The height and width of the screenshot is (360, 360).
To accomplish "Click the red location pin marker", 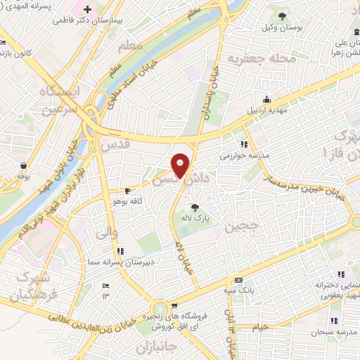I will pyautogui.click(x=181, y=165).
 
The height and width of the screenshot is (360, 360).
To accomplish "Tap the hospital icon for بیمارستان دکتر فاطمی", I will pyautogui.click(x=87, y=11).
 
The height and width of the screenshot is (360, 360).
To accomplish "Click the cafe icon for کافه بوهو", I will pyautogui.click(x=127, y=191).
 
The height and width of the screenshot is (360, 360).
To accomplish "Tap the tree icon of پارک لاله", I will pyautogui.click(x=194, y=207).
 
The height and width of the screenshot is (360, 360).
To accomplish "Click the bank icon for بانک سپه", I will pyautogui.click(x=238, y=280).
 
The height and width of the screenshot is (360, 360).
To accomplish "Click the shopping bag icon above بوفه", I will pyautogui.click(x=24, y=166).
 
